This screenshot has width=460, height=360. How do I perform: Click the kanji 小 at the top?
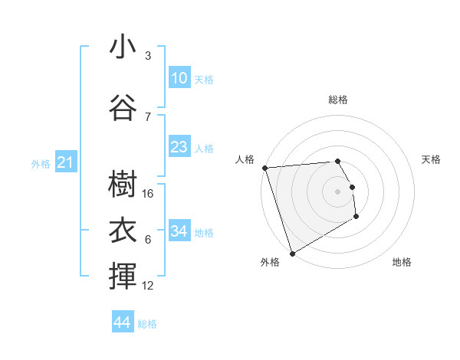click(123, 47)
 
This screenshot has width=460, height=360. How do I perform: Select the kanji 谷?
click(123, 107)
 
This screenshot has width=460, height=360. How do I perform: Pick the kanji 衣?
click(123, 230)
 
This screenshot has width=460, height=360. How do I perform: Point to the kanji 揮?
click(123, 276)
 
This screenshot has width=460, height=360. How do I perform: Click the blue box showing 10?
click(179, 78)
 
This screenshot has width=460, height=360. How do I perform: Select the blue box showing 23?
click(179, 147)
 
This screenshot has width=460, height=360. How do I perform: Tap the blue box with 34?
click(179, 231)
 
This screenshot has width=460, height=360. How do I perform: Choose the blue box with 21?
click(65, 162)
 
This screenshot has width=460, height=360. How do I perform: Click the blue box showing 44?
click(122, 322)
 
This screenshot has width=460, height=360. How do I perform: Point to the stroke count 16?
click(149, 194)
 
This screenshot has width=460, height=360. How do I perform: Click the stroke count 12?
click(149, 286)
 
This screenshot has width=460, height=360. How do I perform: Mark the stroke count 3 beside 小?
click(148, 56)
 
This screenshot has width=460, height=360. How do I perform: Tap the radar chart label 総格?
click(338, 100)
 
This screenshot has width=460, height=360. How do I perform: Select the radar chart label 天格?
click(432, 159)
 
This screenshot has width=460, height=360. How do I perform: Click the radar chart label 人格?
click(245, 159)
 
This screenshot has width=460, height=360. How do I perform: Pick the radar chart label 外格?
click(270, 263)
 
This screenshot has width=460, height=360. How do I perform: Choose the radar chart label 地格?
click(402, 263)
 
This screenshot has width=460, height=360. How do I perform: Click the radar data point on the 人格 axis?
click(264, 168)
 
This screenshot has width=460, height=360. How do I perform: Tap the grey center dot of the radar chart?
click(338, 191)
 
